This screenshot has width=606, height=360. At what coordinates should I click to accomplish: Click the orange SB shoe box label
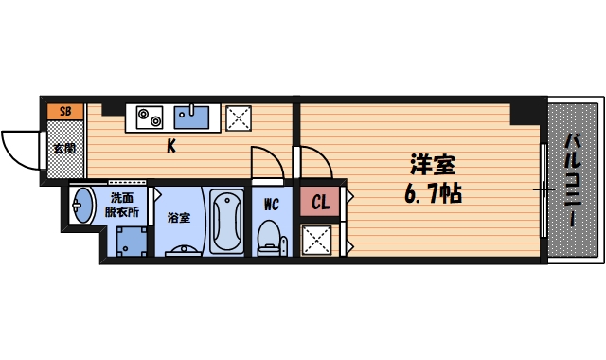click(x=65, y=111)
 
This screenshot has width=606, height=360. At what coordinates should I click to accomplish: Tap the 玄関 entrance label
click(x=64, y=149)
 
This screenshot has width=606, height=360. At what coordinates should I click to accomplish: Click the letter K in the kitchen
click(x=171, y=146)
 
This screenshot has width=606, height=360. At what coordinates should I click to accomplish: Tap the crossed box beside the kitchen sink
click(x=237, y=117)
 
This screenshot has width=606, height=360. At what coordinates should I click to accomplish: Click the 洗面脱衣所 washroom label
click(x=122, y=206)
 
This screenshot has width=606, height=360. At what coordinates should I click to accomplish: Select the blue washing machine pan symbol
click(x=126, y=243)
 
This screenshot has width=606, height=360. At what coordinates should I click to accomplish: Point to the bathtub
click(x=225, y=222)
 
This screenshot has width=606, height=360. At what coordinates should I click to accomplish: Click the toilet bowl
click(x=271, y=235)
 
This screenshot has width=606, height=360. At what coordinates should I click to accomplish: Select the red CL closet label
click(x=320, y=201)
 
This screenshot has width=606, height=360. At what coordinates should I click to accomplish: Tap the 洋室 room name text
click(x=431, y=164)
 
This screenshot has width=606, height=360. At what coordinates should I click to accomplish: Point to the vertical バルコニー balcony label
click(x=574, y=180)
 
